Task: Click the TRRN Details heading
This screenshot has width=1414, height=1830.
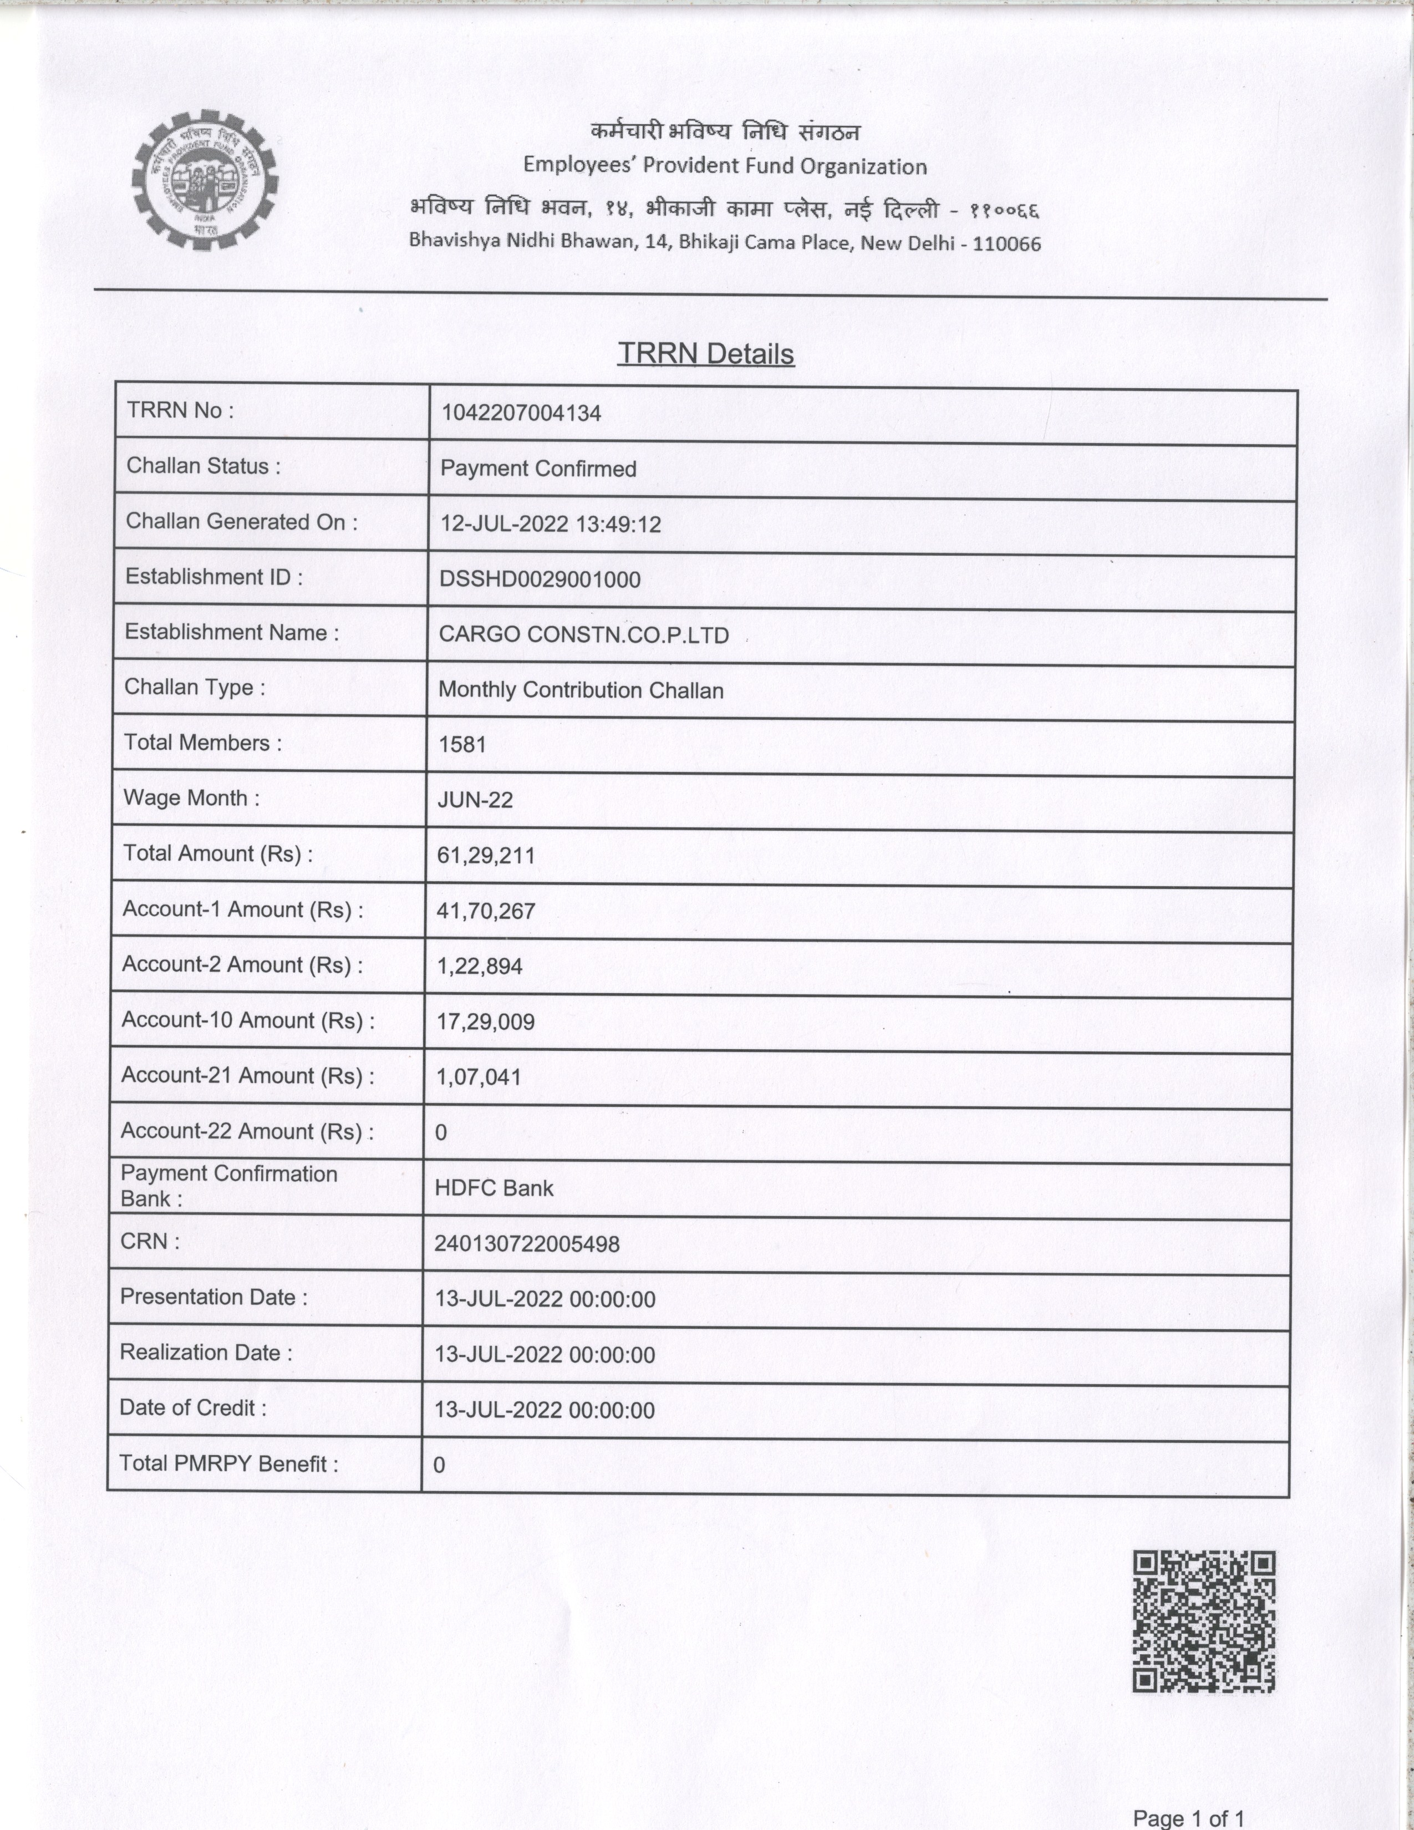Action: tap(705, 354)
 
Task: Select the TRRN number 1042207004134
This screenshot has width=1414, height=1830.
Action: tap(521, 413)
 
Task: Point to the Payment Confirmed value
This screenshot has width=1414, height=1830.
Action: tap(538, 469)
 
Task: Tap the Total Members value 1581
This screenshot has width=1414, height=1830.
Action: tap(461, 745)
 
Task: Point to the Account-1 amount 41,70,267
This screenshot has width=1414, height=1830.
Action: tap(486, 911)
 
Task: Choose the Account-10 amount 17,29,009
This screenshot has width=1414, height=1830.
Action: tap(485, 1021)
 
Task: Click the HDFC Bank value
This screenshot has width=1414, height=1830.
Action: tap(494, 1188)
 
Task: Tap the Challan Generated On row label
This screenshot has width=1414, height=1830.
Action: tap(241, 522)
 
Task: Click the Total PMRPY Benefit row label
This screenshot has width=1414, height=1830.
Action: tap(228, 1463)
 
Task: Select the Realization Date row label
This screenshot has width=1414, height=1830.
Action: tap(206, 1353)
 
